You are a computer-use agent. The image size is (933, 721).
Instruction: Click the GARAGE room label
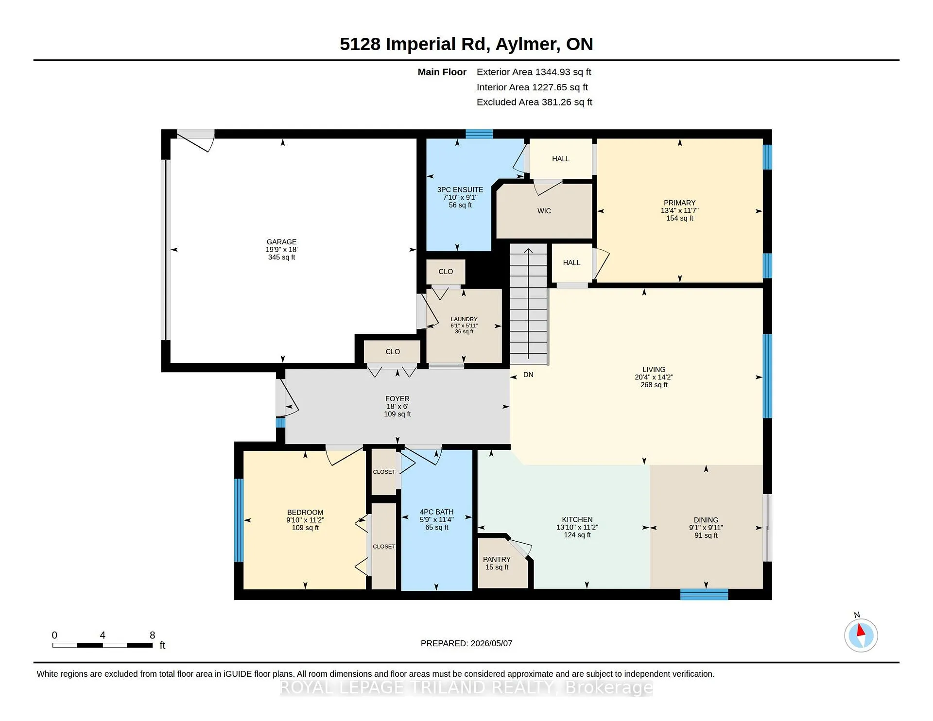(281, 242)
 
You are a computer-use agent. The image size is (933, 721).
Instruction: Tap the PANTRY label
(497, 560)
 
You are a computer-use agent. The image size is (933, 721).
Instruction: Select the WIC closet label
(544, 211)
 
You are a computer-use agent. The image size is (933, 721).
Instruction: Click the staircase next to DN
(528, 304)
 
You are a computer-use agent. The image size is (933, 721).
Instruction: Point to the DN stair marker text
(528, 375)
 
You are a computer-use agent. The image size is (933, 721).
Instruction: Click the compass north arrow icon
(861, 635)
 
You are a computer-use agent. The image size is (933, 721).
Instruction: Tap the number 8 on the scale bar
(152, 635)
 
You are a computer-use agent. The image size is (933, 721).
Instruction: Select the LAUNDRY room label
(464, 319)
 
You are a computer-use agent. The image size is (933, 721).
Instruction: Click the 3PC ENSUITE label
(460, 190)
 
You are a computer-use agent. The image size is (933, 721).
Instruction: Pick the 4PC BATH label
(437, 512)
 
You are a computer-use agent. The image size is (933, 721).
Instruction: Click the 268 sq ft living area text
(654, 385)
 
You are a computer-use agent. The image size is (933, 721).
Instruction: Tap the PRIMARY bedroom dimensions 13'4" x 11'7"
(680, 211)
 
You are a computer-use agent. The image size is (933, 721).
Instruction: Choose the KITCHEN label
(577, 520)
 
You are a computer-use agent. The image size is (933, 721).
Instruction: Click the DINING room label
(706, 520)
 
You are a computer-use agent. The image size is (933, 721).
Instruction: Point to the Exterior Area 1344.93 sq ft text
(534, 72)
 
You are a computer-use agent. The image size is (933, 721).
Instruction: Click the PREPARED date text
(466, 643)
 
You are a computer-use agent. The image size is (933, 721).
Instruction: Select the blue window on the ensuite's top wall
(479, 134)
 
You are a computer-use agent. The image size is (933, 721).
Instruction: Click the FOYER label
(397, 399)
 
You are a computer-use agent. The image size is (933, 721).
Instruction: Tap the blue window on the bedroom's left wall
(239, 520)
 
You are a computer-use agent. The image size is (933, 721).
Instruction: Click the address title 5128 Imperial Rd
(414, 44)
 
